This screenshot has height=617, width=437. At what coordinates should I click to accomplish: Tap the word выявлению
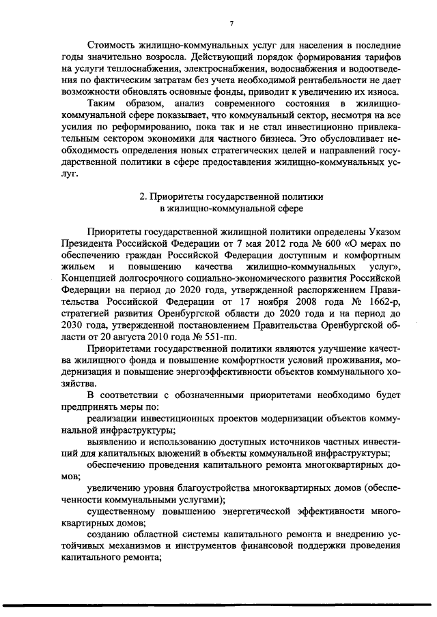click(112, 442)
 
